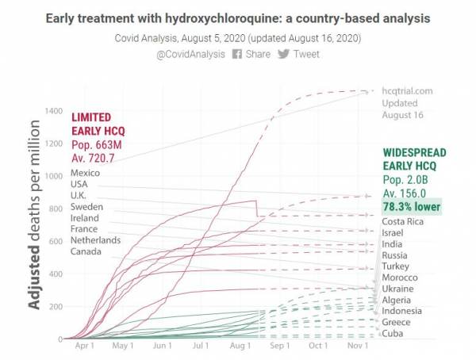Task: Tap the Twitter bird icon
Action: [x=283, y=54]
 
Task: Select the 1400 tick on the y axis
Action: [x=52, y=110]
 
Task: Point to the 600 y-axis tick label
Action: [x=54, y=241]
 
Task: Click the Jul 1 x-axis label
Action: [x=201, y=347]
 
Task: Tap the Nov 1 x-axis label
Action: [x=357, y=347]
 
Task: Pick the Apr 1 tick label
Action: [x=84, y=347]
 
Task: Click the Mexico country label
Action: [x=85, y=174]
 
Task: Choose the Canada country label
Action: [x=86, y=251]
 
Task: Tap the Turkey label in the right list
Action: [x=397, y=267]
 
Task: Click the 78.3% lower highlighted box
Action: [x=412, y=206]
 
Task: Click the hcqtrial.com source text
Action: [x=407, y=91]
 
